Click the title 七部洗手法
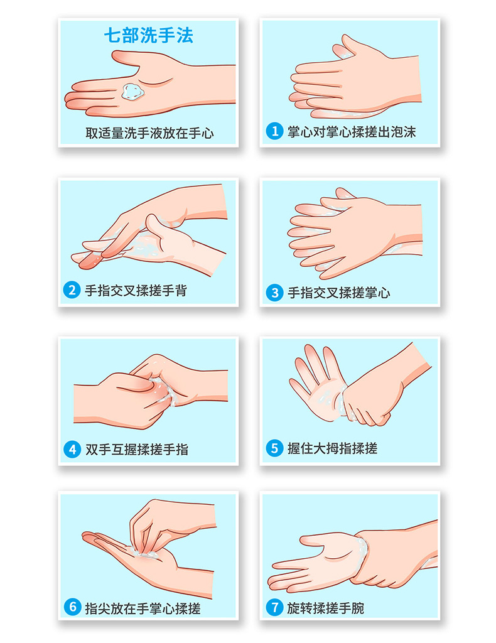pos(148,35)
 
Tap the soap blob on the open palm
pos(133,91)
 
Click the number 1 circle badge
pos(274,131)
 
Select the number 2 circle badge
pos(72,290)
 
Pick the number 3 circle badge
pos(274,293)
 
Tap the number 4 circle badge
pos(72,450)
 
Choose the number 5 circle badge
pos(274,448)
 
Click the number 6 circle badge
pos(73,607)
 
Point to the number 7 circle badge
pos(274,607)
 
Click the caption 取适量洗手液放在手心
pos(149,133)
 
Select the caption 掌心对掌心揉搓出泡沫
pos(352,132)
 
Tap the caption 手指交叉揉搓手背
pos(136,291)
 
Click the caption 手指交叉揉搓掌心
pos(338,293)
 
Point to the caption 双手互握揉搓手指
pos(136,450)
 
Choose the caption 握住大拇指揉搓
pos(332,448)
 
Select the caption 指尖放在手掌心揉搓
pos(143,608)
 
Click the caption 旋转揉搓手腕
pos(325,608)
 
